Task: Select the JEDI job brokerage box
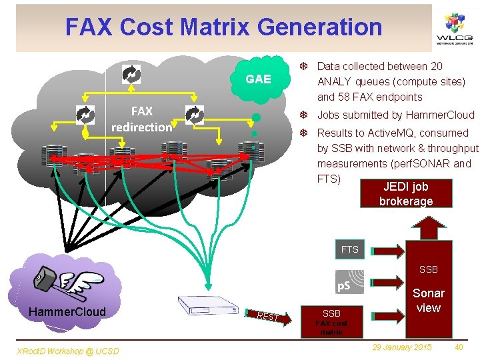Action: (405, 194)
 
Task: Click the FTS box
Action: (349, 250)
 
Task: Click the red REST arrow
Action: (273, 317)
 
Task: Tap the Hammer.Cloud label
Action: (67, 312)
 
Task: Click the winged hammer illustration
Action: (63, 279)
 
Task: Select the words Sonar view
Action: (428, 300)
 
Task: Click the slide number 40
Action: (459, 347)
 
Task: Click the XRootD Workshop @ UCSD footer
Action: (60, 349)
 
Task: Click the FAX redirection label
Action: (141, 119)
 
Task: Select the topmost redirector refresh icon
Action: (131, 73)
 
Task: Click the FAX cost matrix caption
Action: (331, 327)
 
